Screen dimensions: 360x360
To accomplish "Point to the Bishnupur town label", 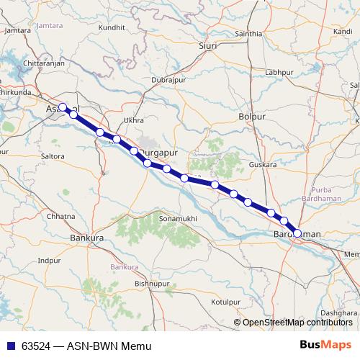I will (x=150, y=284).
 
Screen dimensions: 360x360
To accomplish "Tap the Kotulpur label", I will (x=225, y=302).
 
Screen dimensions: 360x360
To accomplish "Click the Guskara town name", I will (x=262, y=165).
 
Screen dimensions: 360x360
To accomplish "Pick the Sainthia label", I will (x=248, y=34).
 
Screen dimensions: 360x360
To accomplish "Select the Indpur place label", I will (x=49, y=260).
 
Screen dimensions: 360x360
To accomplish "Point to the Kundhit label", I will (x=112, y=27).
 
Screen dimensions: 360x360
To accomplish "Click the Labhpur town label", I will (x=279, y=73).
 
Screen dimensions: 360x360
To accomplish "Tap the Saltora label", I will (x=53, y=156).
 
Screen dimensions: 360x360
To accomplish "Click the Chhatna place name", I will (x=60, y=216).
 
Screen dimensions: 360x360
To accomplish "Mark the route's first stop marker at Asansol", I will (x=63, y=107).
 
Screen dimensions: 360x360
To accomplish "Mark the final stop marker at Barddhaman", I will (x=297, y=233).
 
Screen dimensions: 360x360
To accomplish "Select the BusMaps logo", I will (x=325, y=345).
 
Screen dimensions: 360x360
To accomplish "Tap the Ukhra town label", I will (x=134, y=120).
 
